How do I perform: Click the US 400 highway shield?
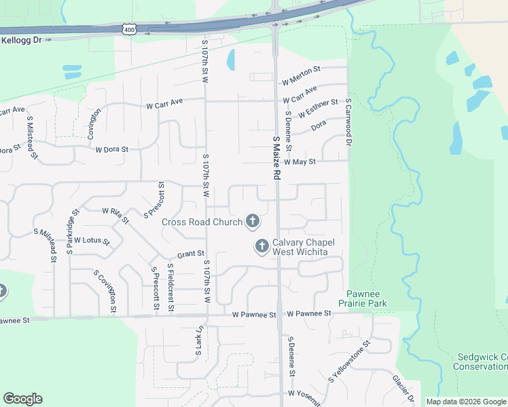(128, 29)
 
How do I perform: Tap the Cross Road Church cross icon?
(253, 221)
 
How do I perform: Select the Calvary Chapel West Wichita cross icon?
(261, 247)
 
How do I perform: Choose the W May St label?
(300, 162)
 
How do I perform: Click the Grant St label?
(191, 254)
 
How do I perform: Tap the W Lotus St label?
(92, 240)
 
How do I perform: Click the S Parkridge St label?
(69, 231)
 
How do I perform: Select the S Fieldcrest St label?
(170, 288)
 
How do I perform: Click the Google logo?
(22, 399)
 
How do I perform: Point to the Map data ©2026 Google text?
(466, 402)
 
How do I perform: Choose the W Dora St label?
(112, 149)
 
